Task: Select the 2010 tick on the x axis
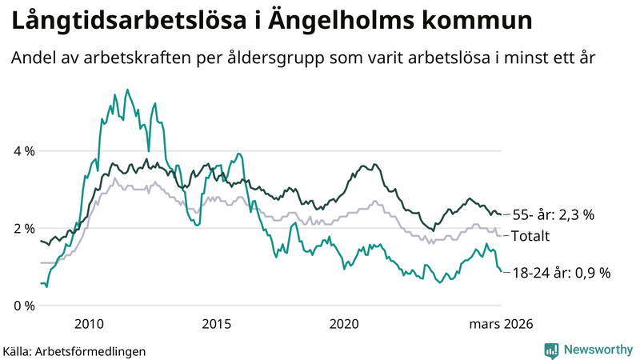click(x=89, y=324)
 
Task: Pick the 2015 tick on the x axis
click(x=216, y=324)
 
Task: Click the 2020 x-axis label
click(x=344, y=324)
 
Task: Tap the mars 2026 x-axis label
click(x=500, y=324)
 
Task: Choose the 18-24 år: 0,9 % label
click(x=561, y=273)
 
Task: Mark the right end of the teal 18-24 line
click(x=502, y=271)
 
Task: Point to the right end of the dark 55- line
click(x=502, y=214)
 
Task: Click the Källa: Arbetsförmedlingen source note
click(x=63, y=350)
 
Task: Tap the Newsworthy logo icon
click(x=551, y=350)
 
